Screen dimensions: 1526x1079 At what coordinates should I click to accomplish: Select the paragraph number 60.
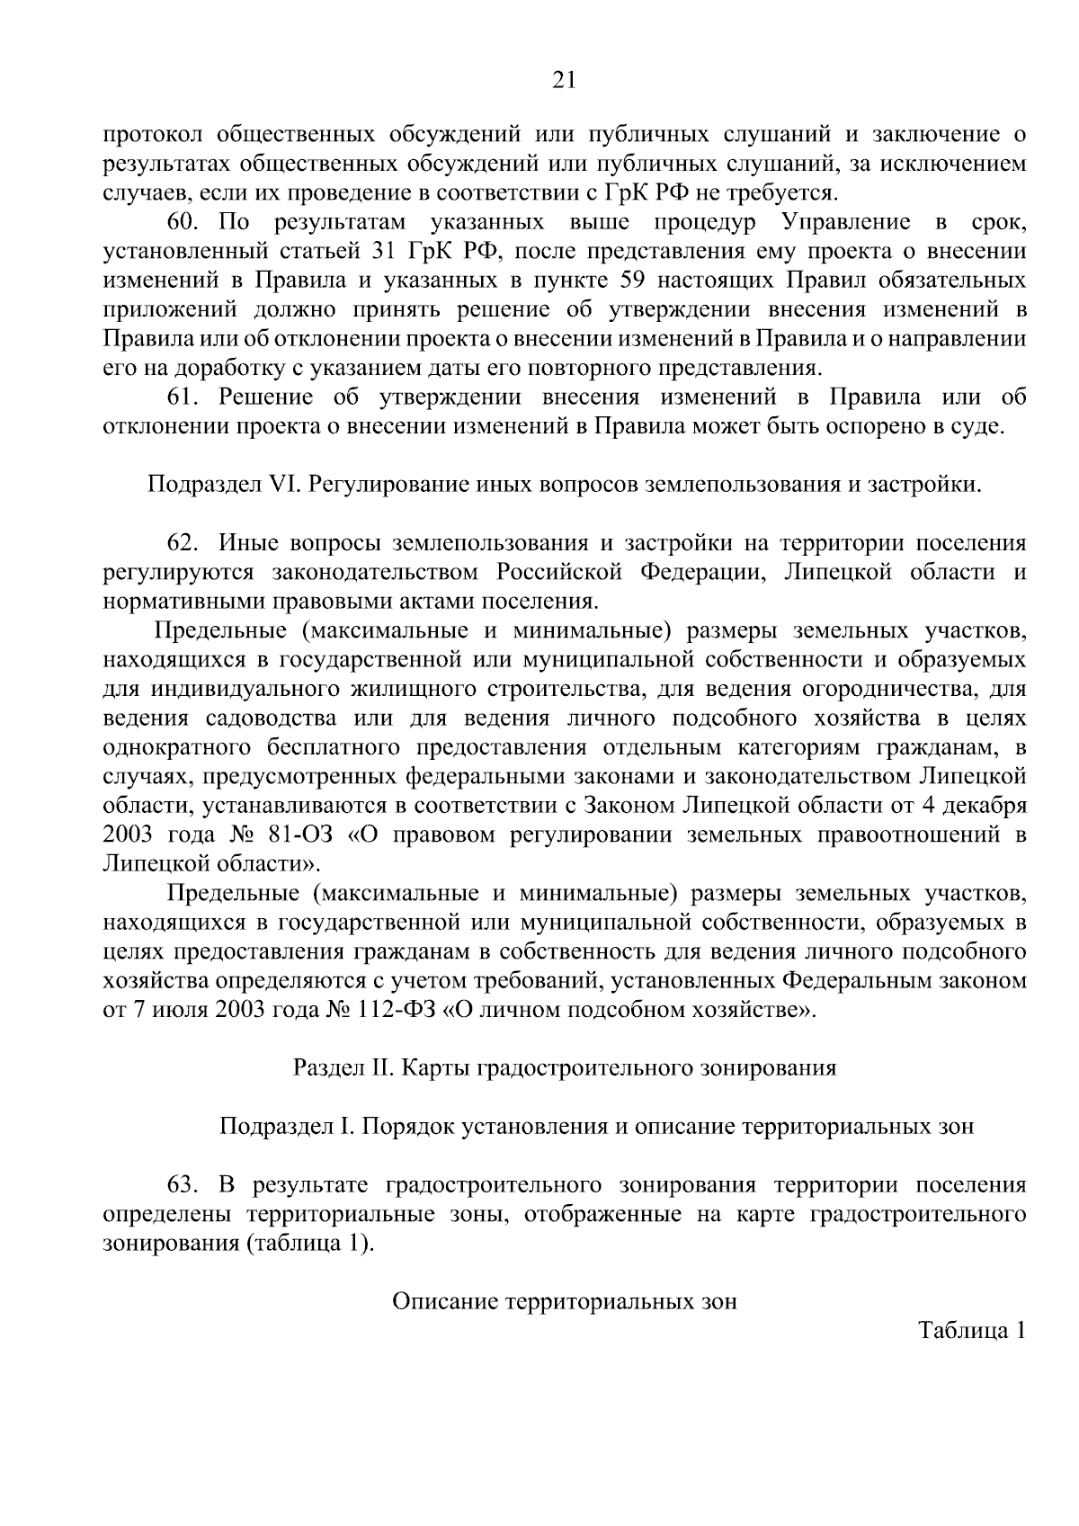point(180,222)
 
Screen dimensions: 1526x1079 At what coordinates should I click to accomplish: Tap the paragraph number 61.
point(180,397)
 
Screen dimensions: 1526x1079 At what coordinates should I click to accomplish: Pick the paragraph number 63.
point(180,1185)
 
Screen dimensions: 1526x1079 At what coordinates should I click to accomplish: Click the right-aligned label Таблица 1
point(972,1330)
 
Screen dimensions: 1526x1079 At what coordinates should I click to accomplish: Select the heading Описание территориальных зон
point(565,1301)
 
